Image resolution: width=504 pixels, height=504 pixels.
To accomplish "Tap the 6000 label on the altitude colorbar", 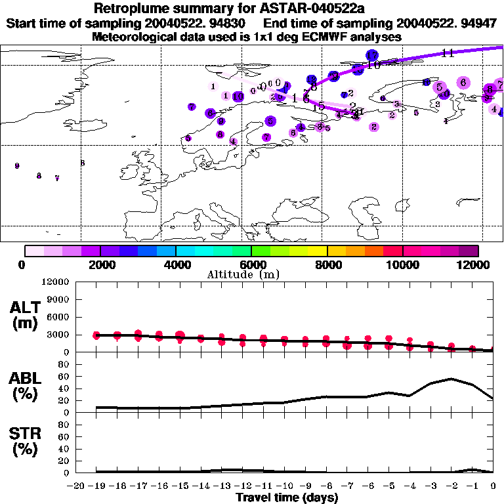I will [251, 264].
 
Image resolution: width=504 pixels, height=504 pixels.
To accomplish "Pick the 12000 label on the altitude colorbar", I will [474, 264].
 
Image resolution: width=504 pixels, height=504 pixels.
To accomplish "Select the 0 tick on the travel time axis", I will [493, 486].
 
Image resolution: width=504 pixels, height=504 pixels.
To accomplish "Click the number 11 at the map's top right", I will [448, 53].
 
